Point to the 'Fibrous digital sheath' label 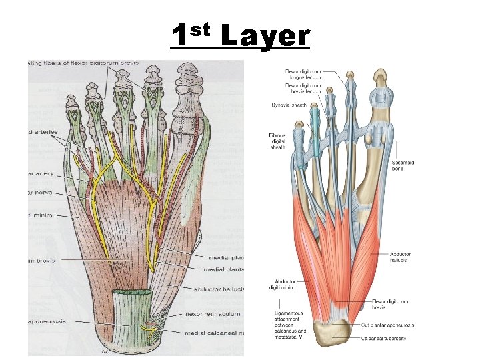(277, 141)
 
